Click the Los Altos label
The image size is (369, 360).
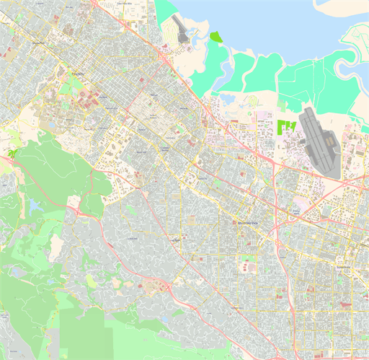(x=175, y=240)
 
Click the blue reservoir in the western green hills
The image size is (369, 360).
(x=34, y=208)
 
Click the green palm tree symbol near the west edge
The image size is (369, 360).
(x=12, y=154)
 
